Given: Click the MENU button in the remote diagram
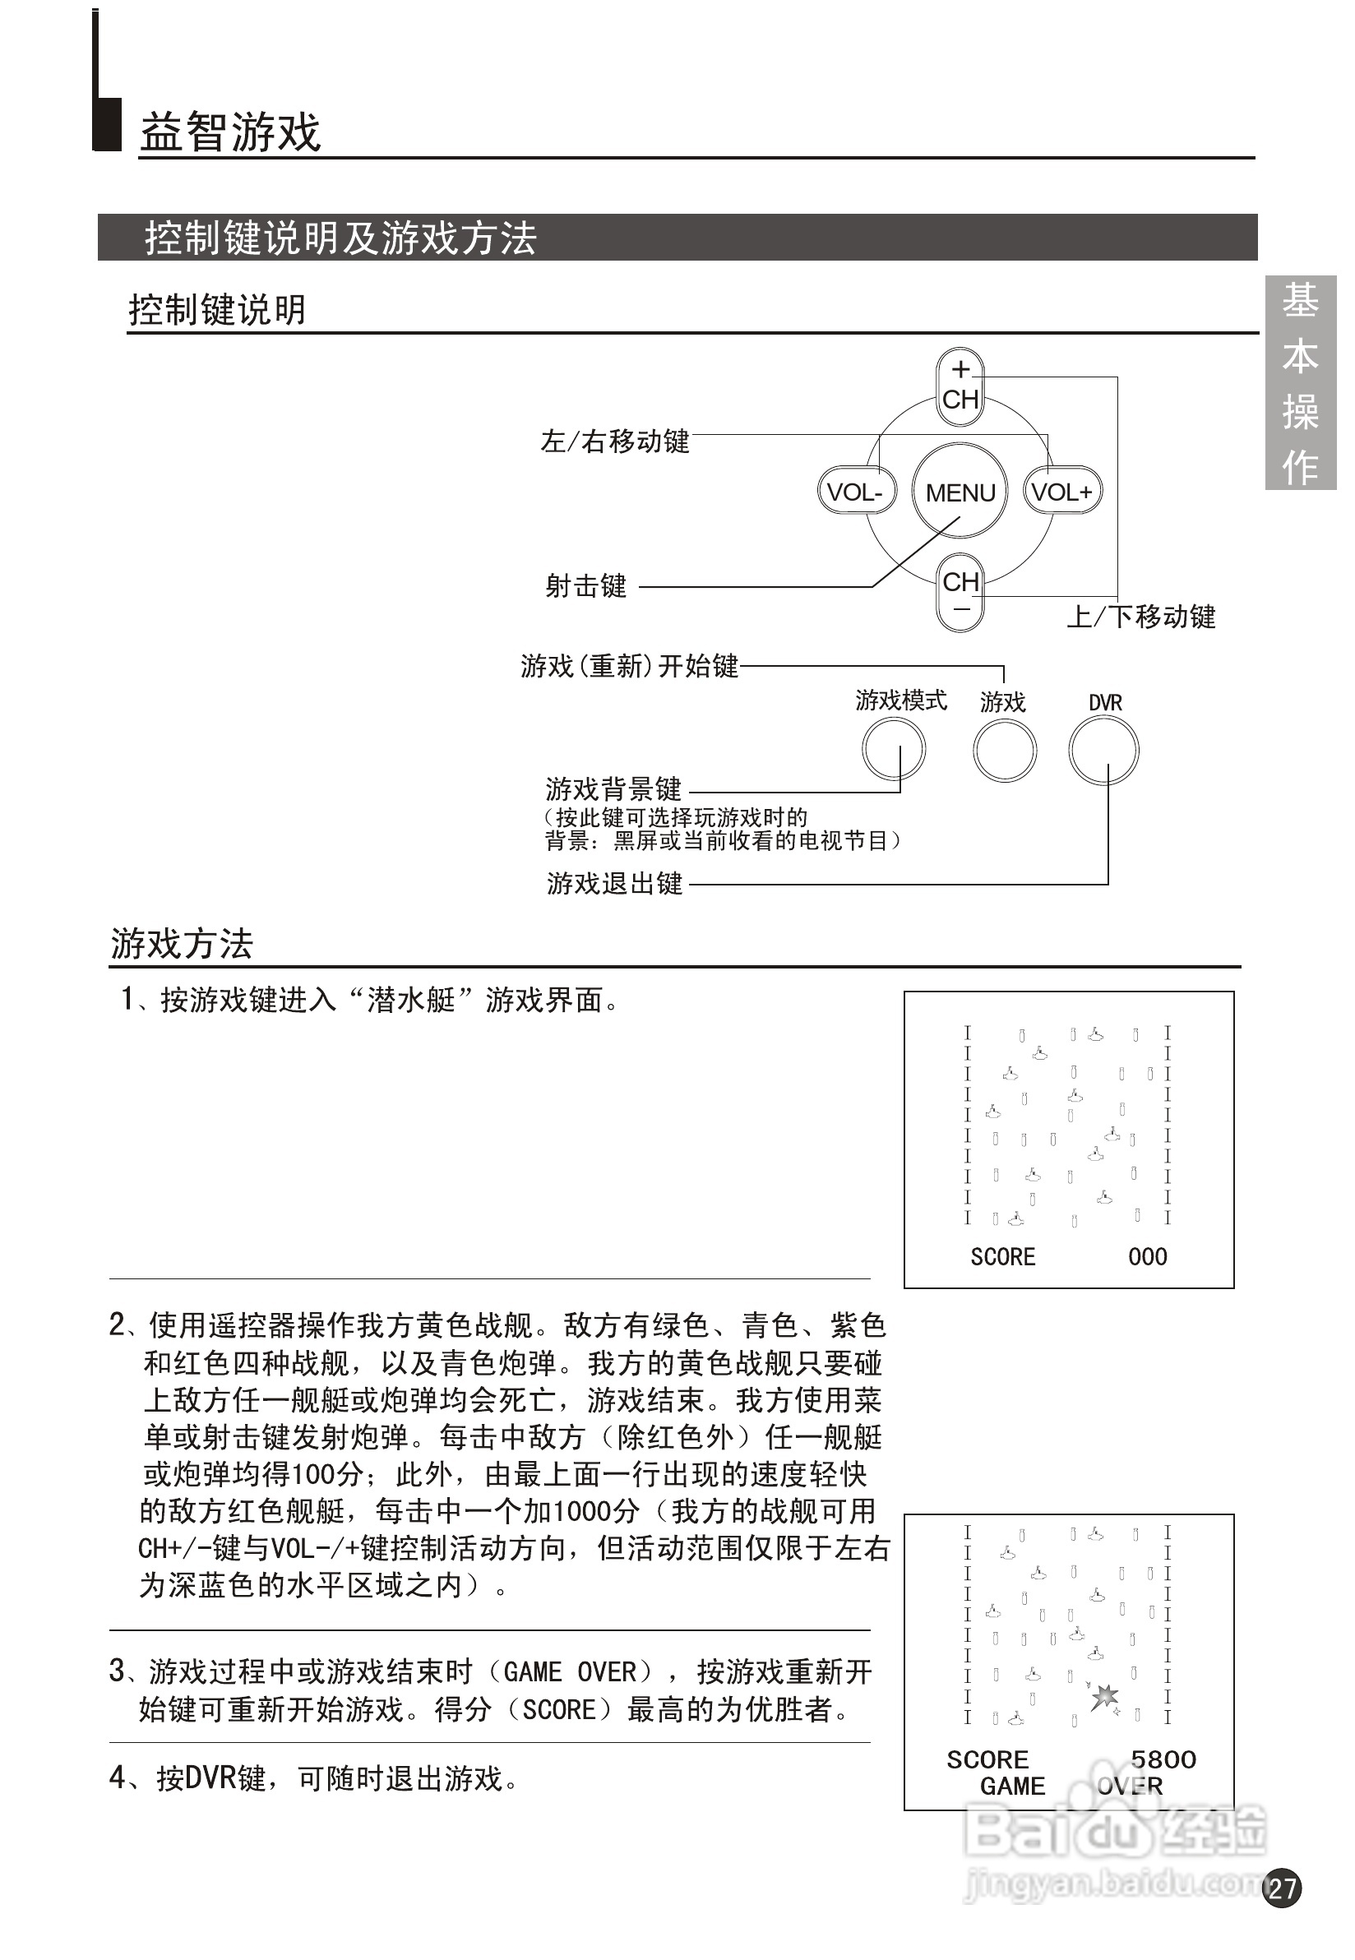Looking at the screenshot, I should point(960,492).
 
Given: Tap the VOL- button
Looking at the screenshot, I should point(856,492).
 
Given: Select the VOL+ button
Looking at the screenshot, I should point(1062,492).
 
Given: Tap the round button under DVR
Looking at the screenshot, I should point(1103,751).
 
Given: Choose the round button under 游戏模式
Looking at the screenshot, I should point(893,750).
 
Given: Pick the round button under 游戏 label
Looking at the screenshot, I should point(1005,751).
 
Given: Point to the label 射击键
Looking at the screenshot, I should point(585,585).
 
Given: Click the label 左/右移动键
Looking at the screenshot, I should point(615,441).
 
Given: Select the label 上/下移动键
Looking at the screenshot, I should point(1141,617).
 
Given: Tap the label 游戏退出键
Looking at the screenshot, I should point(615,884).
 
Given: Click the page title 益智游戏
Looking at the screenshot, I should point(230,132).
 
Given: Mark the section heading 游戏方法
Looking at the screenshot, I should point(182,944).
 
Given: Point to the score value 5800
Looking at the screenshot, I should point(1163,1759).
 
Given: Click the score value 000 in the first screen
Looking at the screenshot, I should point(1147,1256).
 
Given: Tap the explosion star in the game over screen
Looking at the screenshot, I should point(1104,1697).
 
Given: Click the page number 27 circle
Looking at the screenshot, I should point(1282,1888).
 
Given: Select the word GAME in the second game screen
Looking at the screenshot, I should point(1012,1786).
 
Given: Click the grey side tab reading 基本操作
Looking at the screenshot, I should point(1300,383).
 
